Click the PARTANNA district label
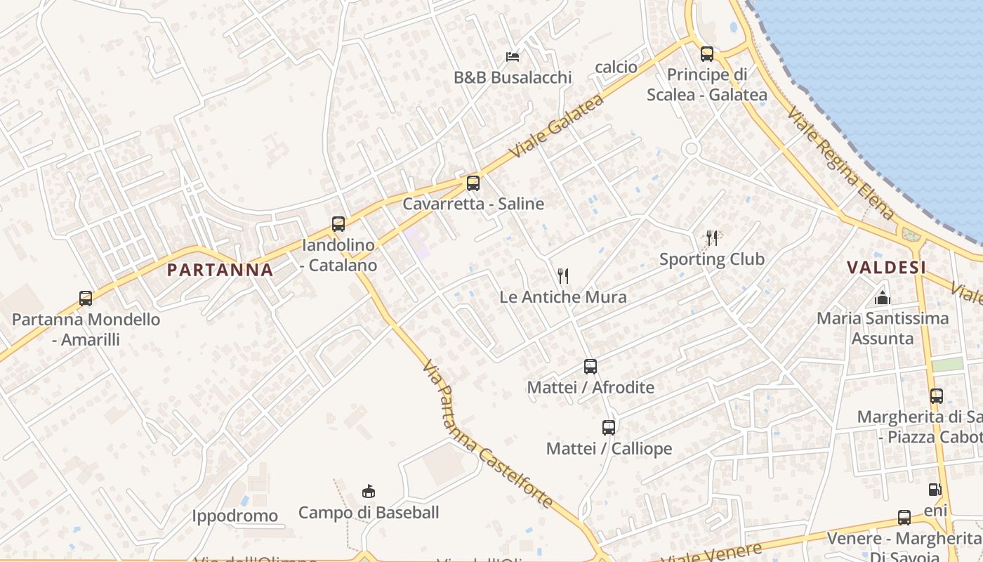[x=220, y=270]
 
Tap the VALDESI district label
[x=886, y=267]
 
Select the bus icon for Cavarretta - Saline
[x=473, y=183]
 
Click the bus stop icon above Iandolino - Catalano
[x=338, y=224]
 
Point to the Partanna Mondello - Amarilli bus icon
[x=86, y=299]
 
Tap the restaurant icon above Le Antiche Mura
[x=562, y=275]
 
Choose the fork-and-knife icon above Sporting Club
[x=712, y=237]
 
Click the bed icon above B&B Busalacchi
[x=513, y=56]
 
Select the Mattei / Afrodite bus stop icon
[x=591, y=366]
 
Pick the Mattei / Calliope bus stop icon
[x=609, y=427]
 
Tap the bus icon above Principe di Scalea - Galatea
[x=707, y=53]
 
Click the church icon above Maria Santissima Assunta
[x=883, y=298]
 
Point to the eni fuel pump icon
[x=935, y=490]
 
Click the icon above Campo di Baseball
[x=369, y=491]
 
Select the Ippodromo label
[x=235, y=516]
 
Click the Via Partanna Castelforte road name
[x=487, y=435]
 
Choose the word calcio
[x=616, y=67]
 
